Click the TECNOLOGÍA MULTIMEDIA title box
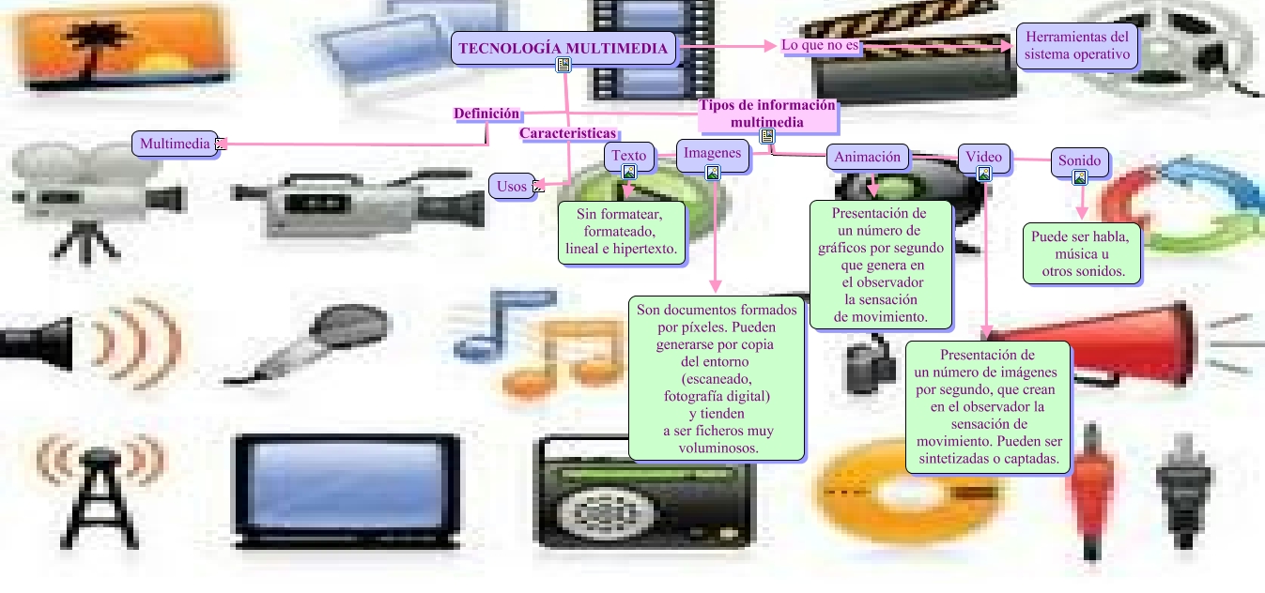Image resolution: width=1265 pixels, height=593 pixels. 563,48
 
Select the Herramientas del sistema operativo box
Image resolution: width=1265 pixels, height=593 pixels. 1076,46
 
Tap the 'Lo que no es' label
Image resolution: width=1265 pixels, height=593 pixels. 820,45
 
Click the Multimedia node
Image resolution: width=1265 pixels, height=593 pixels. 175,144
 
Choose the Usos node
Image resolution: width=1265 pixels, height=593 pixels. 512,186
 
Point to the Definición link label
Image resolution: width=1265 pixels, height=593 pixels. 486,114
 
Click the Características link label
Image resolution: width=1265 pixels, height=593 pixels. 567,133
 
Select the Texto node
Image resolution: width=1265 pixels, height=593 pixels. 628,155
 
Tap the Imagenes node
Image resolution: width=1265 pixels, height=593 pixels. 712,153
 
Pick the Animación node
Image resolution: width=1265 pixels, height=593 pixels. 867,157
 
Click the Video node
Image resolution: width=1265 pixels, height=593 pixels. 983,157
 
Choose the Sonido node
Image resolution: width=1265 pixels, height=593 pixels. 1079,160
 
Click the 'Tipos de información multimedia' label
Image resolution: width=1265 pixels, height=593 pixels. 766,114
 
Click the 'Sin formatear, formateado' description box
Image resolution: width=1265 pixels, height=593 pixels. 621,233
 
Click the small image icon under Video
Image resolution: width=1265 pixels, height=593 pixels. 983,174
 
